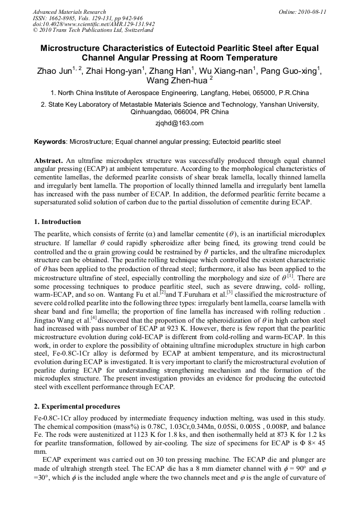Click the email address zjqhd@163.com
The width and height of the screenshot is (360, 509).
[x=179, y=123]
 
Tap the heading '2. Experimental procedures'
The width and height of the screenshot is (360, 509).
[x=77, y=407]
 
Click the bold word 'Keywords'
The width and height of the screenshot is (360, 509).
[x=50, y=142]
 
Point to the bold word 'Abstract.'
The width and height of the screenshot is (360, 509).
[x=49, y=160]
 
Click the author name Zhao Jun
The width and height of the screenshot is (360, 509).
[x=54, y=72]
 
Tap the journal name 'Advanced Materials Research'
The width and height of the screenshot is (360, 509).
[x=69, y=12]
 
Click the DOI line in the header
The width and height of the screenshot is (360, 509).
[x=93, y=24]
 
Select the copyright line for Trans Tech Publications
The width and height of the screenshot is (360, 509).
[x=93, y=30]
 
